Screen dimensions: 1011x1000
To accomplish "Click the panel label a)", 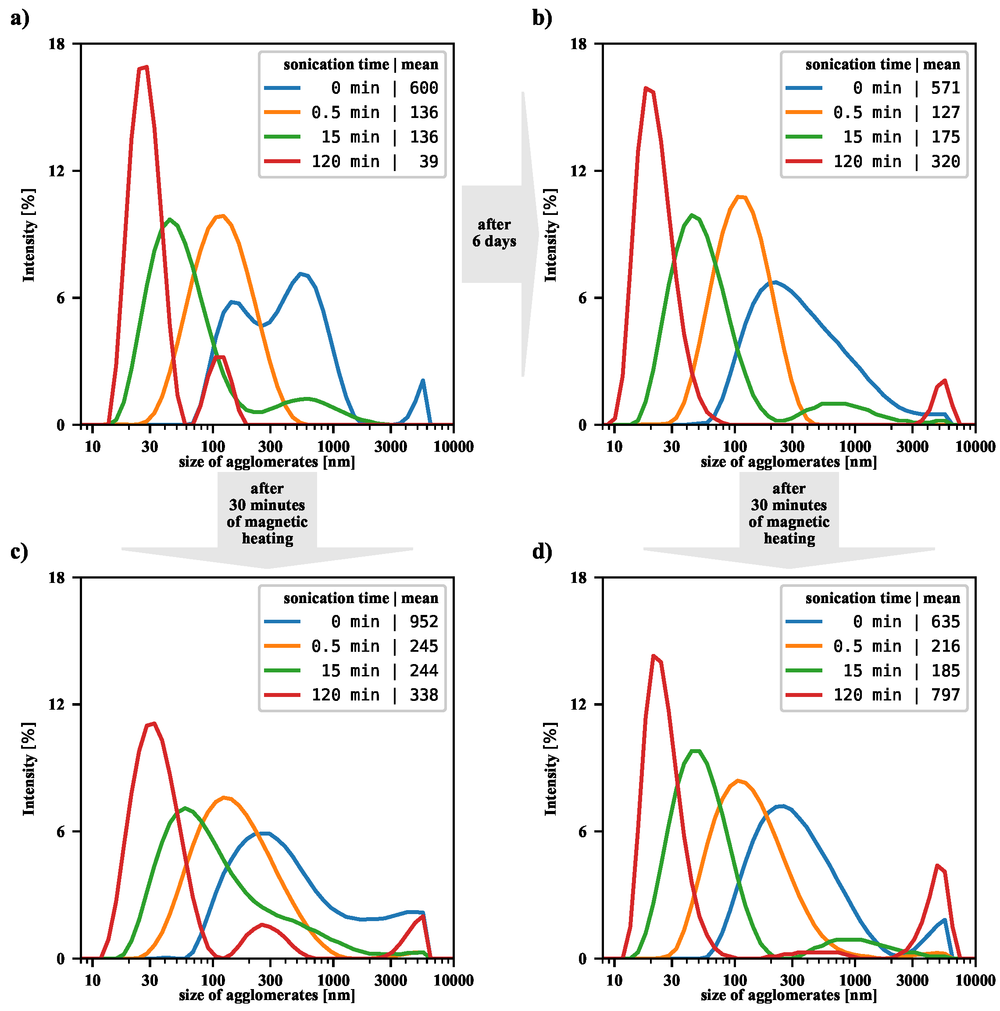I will tap(19, 19).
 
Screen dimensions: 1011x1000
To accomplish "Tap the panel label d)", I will tap(542, 553).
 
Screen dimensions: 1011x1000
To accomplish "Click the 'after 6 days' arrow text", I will tap(494, 233).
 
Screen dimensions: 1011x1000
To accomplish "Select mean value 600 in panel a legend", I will tap(423, 88).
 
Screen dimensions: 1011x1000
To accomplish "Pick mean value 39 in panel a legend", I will tap(429, 161).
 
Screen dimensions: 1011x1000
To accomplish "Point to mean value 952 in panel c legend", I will tap(423, 622).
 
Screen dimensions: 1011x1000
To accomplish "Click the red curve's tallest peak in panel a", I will tap(143, 68).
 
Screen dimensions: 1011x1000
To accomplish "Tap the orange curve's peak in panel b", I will tap(740, 197).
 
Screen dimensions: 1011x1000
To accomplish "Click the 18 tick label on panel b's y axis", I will tap(578, 44).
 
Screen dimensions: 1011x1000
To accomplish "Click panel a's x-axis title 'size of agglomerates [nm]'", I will tap(267, 462).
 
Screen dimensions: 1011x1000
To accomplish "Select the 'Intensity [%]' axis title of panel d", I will tap(551, 769).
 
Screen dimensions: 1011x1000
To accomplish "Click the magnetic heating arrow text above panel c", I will tap(267, 513).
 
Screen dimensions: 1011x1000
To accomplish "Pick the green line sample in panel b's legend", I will tap(804, 136).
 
